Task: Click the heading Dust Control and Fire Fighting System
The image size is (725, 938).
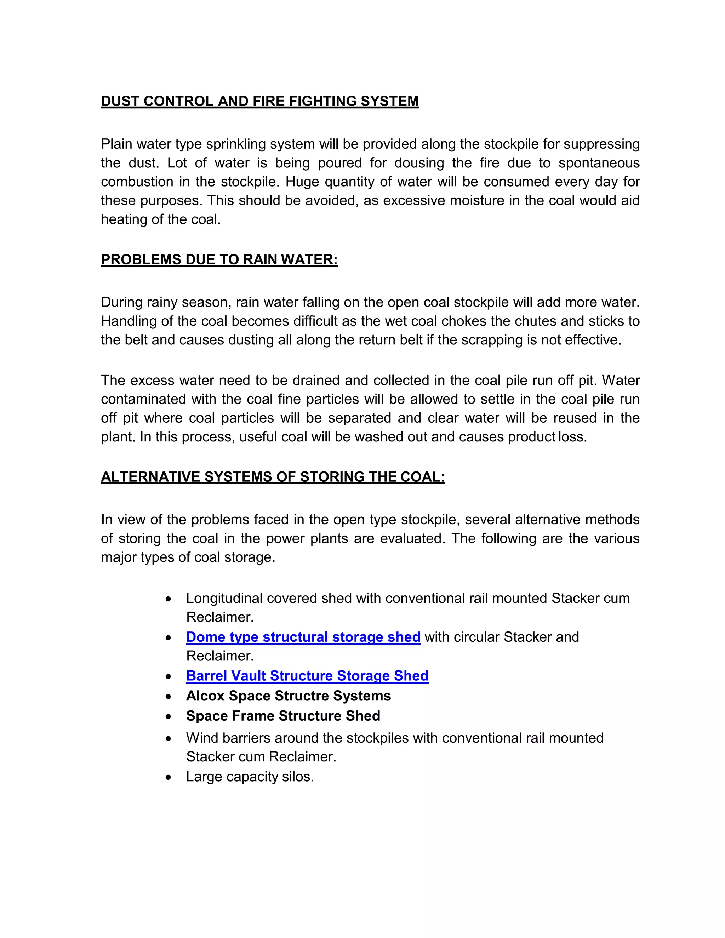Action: tap(259, 101)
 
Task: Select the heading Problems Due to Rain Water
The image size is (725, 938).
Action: tap(219, 260)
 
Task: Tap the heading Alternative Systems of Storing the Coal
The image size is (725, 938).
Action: tap(273, 477)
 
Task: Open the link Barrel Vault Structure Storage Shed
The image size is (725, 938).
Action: tap(307, 676)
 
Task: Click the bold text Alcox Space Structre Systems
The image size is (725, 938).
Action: tap(288, 696)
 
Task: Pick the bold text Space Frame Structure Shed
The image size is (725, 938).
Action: tap(283, 716)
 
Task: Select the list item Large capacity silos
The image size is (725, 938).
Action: tap(250, 777)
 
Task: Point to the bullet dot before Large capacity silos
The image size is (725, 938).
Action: tap(169, 777)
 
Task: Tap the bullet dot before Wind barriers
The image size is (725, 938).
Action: tap(169, 739)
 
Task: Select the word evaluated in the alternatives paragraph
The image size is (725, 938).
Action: tap(412, 539)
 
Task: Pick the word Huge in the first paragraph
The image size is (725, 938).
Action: tap(302, 182)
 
